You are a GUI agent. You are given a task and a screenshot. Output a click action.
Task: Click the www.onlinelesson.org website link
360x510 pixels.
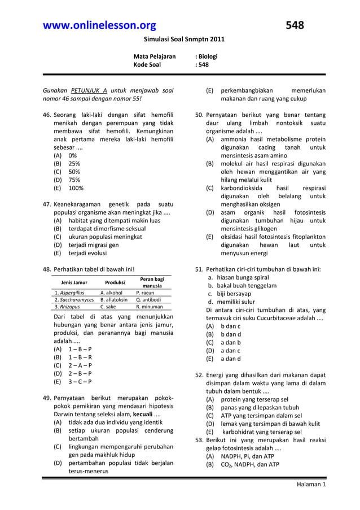pyautogui.click(x=99, y=25)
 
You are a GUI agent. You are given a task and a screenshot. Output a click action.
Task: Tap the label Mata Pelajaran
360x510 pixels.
pyautogui.click(x=154, y=56)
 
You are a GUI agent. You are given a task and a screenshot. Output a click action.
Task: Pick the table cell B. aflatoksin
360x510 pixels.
pyautogui.click(x=116, y=299)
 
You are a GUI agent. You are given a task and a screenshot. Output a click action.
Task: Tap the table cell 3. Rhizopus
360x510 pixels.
pyautogui.click(x=67, y=307)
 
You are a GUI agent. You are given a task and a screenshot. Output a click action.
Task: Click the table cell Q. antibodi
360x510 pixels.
pyautogui.click(x=149, y=299)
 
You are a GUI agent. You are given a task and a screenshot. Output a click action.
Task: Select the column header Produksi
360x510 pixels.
pyautogui.click(x=115, y=282)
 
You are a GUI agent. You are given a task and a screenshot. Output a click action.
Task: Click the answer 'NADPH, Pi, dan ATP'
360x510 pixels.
pyautogui.click(x=249, y=456)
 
